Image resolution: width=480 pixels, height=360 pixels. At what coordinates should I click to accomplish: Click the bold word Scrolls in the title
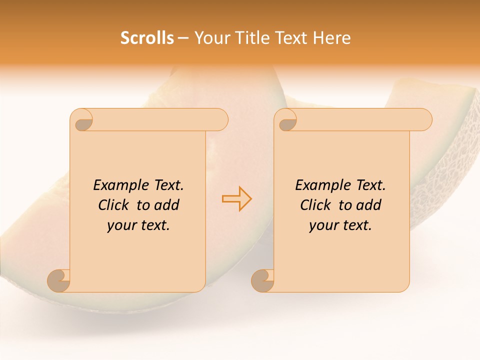(147, 38)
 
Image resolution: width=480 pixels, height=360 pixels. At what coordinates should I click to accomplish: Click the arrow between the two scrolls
(236, 199)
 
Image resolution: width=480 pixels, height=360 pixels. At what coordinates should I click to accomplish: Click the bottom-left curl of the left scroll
(58, 280)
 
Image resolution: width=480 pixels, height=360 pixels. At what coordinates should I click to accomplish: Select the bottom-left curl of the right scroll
(262, 280)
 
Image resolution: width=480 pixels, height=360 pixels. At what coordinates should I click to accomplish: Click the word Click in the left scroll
(114, 205)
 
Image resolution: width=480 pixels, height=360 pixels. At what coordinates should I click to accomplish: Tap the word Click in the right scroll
(316, 205)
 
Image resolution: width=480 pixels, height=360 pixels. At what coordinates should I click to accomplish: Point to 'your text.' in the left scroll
(138, 225)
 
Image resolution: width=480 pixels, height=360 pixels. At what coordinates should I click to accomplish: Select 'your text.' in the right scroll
(340, 225)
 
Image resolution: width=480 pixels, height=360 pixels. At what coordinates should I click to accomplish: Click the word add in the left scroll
(168, 205)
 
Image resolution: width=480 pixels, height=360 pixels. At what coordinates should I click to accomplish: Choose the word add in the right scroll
(370, 205)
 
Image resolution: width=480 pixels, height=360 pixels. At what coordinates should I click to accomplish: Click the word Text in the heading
(291, 38)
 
